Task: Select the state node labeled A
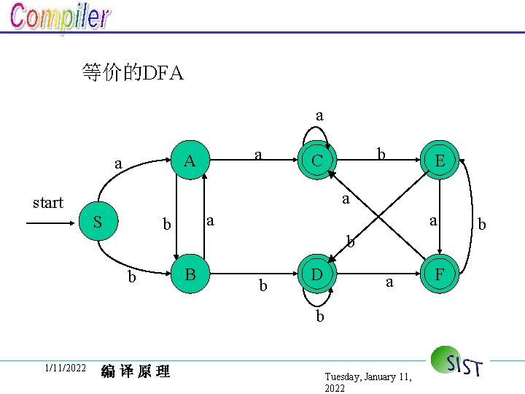pos(190,161)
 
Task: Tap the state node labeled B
pos(190,275)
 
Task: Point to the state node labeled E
pos(440,161)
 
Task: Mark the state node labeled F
pos(440,275)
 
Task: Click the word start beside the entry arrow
pos(48,203)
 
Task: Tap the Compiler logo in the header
pos(61,18)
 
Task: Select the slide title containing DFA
pos(133,73)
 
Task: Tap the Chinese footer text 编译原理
pos(136,371)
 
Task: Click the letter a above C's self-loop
pos(319,115)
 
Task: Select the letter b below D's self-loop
pos(319,317)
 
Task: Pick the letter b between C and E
pos(381,154)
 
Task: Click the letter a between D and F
pos(389,282)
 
